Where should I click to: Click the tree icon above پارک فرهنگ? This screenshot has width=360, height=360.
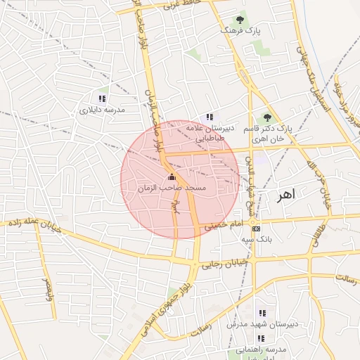pos(240,20)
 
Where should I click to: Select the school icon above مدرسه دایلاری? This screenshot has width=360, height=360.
pos(102,98)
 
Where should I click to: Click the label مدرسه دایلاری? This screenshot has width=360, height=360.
pos(101,110)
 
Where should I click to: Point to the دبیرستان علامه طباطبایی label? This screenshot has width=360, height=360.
pos(209,134)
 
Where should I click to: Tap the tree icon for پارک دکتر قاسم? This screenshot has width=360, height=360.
pos(266,117)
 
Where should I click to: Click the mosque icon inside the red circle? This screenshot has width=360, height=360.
pos(172,177)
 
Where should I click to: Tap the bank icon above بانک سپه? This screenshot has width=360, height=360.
pos(256,229)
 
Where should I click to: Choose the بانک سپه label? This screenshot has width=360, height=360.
pos(257,240)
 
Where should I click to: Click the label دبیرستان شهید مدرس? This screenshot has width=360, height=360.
pos(262,324)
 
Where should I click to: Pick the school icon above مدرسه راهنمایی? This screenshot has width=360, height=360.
pos(261,338)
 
